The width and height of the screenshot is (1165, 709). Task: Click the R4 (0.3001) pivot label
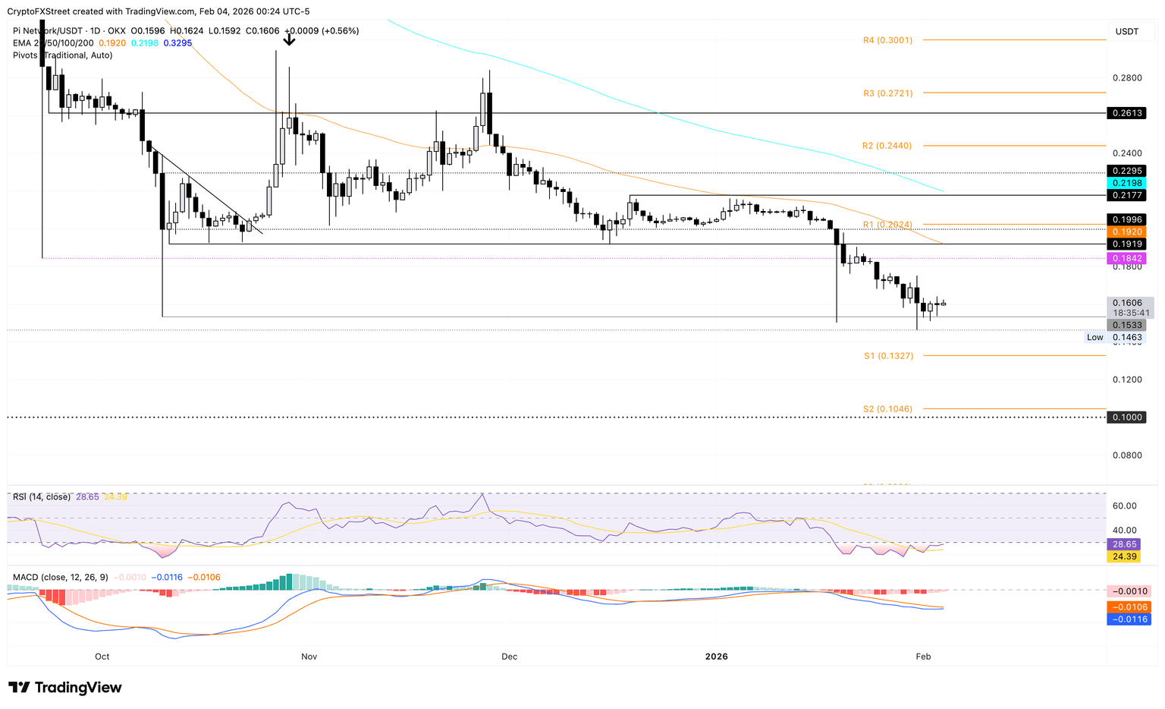(887, 40)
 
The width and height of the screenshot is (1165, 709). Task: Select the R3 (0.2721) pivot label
(887, 93)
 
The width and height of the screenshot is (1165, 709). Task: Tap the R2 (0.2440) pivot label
(887, 146)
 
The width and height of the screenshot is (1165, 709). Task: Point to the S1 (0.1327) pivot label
(888, 356)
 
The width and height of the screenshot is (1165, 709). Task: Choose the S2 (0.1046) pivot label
(887, 409)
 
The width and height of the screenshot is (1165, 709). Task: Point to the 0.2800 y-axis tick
(1127, 78)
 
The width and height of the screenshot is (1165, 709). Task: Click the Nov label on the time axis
(308, 657)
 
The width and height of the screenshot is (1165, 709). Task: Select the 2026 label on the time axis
(716, 657)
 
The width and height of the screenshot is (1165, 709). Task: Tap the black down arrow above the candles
(289, 39)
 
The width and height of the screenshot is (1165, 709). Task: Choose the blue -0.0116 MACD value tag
(1128, 619)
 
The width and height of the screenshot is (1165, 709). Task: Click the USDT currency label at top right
(1126, 31)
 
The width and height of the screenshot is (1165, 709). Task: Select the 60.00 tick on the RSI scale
(1125, 506)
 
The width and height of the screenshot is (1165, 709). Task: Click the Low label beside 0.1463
(1094, 338)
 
